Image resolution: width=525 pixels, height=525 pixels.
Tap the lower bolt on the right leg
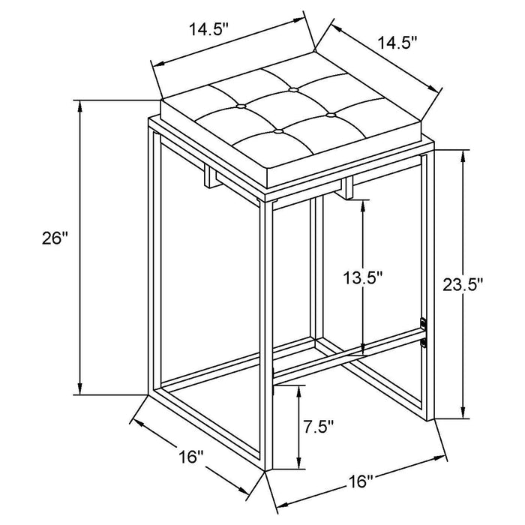424,343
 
